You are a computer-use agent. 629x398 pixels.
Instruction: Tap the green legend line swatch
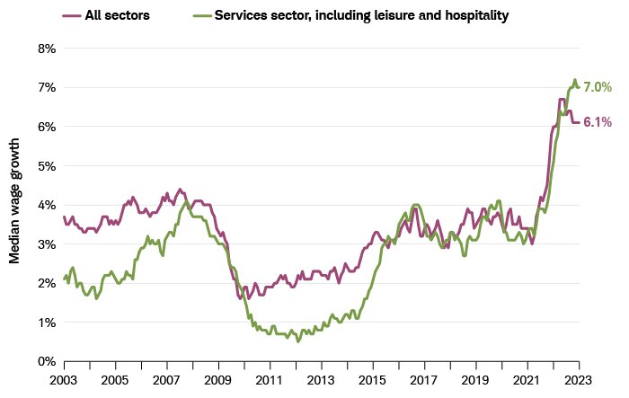[x=203, y=15]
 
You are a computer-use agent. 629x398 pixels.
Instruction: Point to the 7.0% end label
[x=598, y=87]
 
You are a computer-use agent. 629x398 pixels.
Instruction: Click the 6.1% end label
[x=598, y=122]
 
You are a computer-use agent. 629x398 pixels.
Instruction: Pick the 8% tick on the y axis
[x=45, y=48]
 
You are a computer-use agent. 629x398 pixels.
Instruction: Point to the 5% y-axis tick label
[x=45, y=165]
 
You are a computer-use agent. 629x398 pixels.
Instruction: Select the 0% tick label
[x=45, y=361]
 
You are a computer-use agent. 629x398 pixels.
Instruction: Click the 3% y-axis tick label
[x=45, y=243]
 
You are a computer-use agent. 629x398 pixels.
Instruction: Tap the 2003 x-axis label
[x=64, y=380]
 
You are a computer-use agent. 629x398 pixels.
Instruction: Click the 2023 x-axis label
[x=578, y=380]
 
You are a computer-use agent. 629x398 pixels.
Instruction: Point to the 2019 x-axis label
[x=475, y=380]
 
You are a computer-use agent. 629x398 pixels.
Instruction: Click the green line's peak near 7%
[x=574, y=80]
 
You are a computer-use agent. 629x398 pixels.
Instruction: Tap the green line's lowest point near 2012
[x=298, y=341]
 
